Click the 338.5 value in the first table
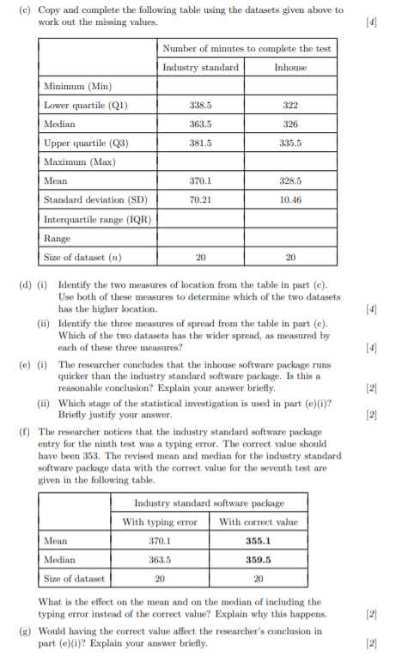(x=200, y=106)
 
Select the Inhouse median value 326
(x=289, y=125)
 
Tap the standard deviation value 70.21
(x=200, y=200)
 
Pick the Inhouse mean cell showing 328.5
(x=289, y=181)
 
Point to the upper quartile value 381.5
(x=200, y=143)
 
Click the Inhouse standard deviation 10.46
(x=289, y=200)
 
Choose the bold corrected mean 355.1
(x=259, y=540)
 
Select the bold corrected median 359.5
(x=259, y=559)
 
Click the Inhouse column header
(x=289, y=68)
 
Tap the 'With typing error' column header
(x=159, y=521)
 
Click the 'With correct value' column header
(x=259, y=521)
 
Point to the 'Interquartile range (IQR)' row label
(x=97, y=219)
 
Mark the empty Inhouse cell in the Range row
(x=289, y=238)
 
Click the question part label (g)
(x=23, y=630)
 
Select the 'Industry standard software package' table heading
(x=209, y=502)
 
